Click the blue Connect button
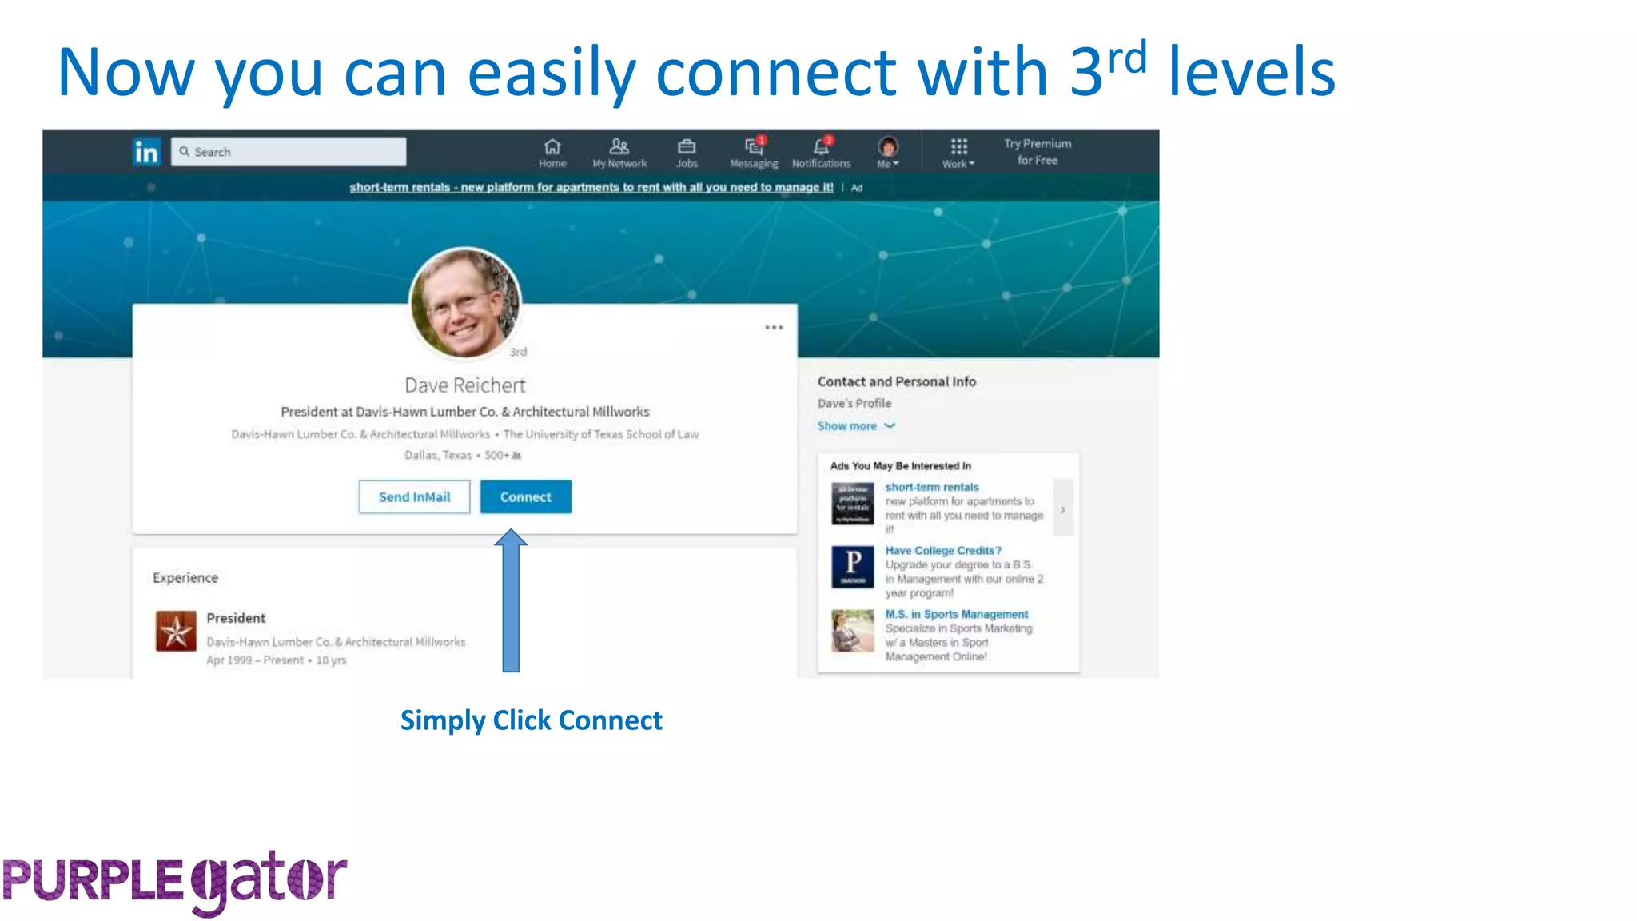coord(525,497)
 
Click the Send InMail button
coord(414,497)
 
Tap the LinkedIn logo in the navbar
coord(146,152)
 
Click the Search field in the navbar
coord(289,152)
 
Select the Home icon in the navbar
coord(552,147)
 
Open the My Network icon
coord(619,147)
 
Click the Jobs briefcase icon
coord(687,147)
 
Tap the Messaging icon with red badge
coord(754,147)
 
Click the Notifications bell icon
coord(821,147)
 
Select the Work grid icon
coord(958,147)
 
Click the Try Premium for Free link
coord(1038,152)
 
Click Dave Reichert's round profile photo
coord(465,302)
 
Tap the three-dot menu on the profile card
coord(774,328)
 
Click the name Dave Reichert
coord(465,385)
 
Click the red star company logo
coord(176,632)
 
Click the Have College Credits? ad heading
coord(943,551)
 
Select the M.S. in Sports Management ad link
coord(957,614)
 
